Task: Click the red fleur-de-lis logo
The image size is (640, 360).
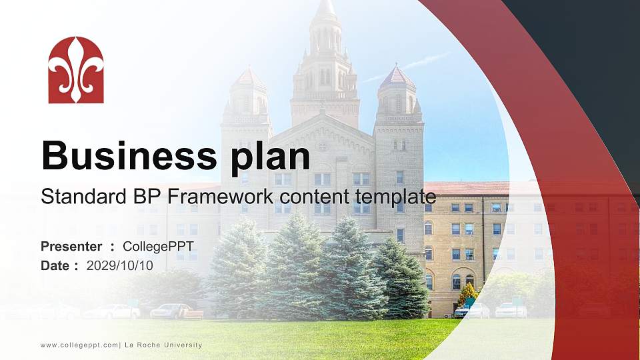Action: [76, 70]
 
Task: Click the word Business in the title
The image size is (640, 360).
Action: [125, 157]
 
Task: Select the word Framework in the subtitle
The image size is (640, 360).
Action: [224, 197]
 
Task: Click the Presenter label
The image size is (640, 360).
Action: [71, 247]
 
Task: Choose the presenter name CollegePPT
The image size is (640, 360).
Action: [158, 247]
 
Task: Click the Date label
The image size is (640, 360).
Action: [55, 265]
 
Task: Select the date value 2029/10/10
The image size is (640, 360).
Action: [120, 265]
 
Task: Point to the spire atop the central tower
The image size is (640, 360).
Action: [325, 10]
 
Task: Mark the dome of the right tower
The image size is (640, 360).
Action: [397, 76]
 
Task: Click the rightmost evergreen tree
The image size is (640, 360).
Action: [401, 280]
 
